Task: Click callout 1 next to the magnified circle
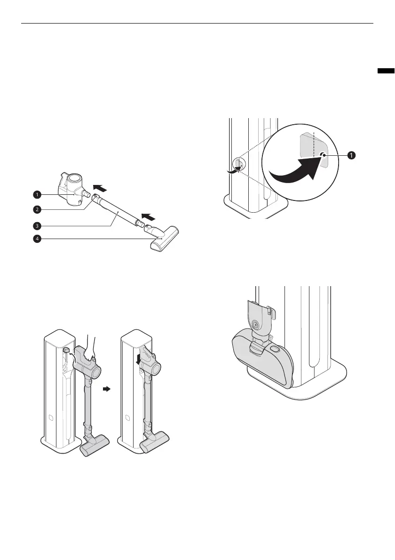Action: pos(351,155)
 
